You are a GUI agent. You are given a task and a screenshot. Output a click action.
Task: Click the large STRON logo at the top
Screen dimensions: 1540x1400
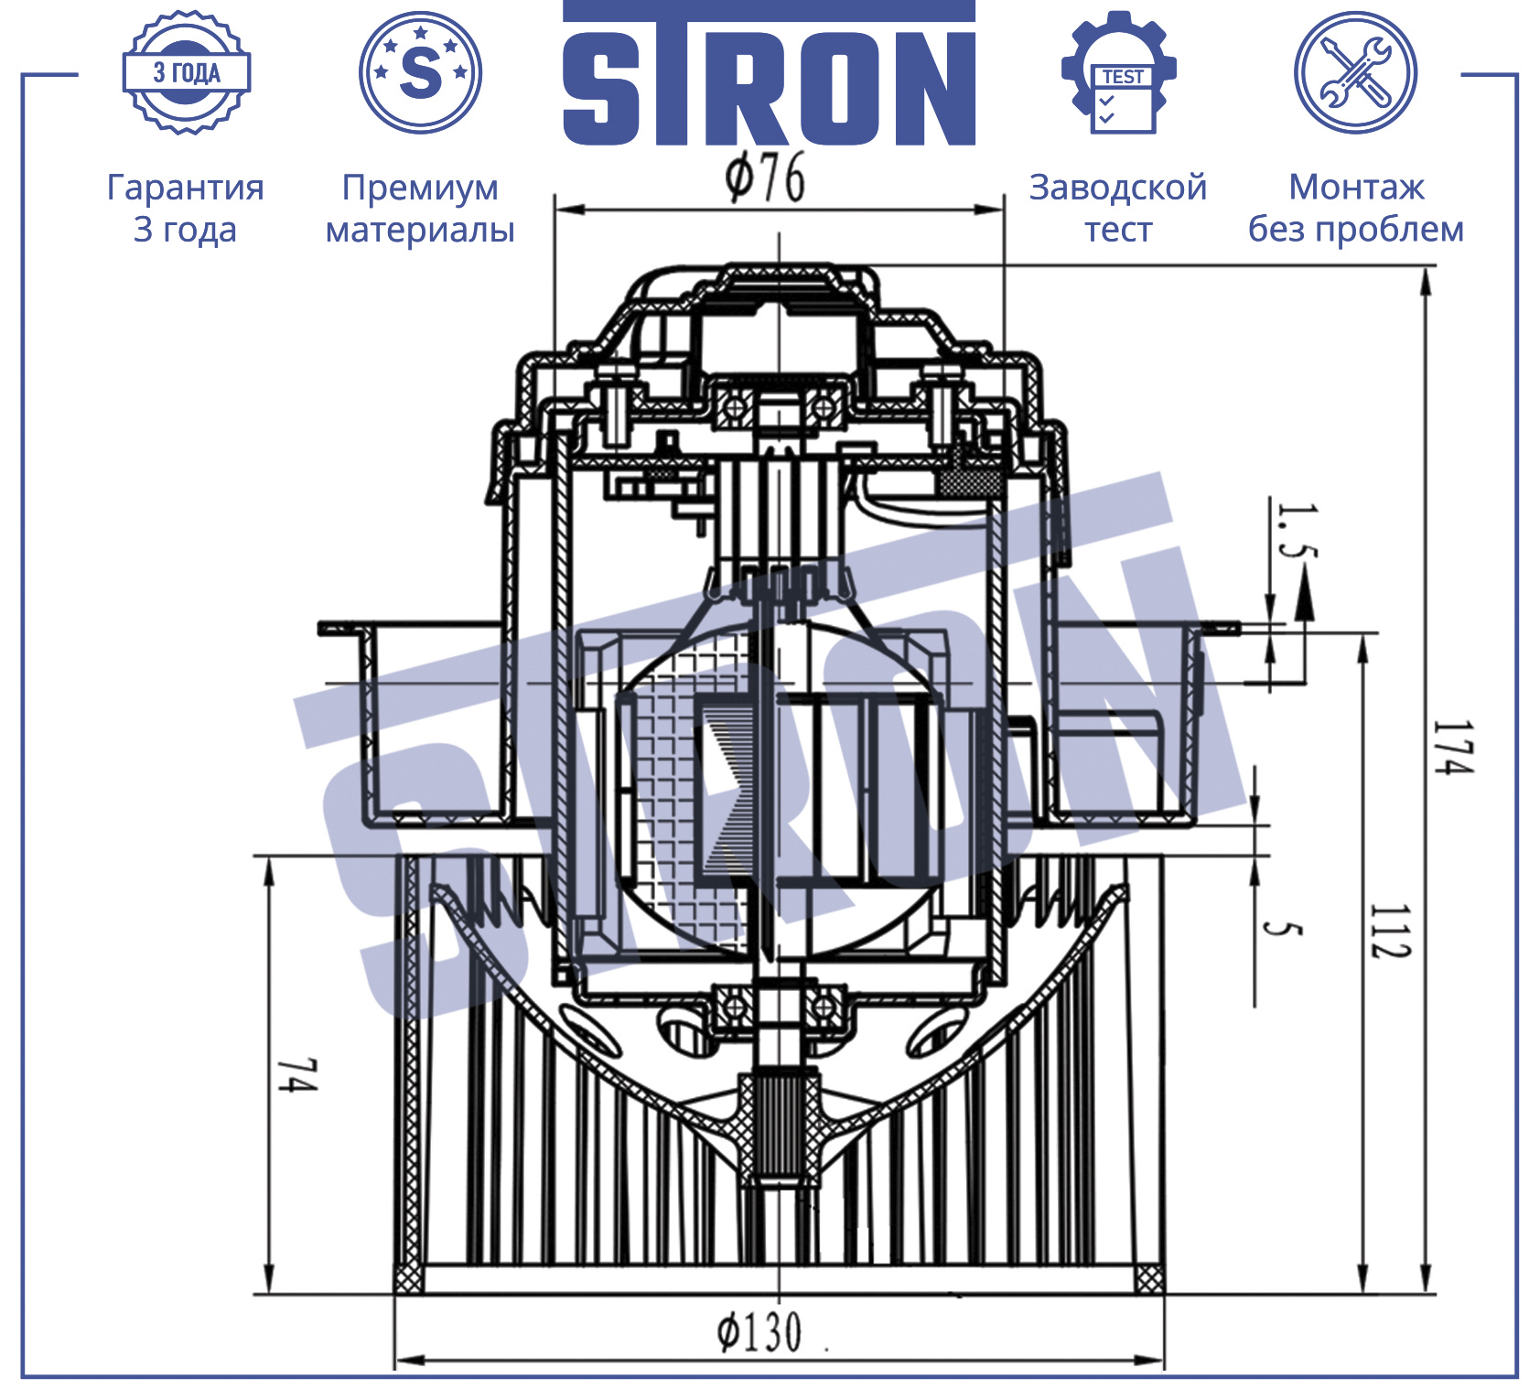pos(769,73)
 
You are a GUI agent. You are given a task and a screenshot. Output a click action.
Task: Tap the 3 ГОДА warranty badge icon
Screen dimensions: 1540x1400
pos(187,73)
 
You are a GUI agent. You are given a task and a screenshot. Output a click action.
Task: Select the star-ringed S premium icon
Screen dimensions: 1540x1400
pos(420,72)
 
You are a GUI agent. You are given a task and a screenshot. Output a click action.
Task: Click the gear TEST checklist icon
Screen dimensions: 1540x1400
pos(1119,72)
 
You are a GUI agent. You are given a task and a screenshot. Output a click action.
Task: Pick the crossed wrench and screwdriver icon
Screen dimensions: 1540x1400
pos(1355,72)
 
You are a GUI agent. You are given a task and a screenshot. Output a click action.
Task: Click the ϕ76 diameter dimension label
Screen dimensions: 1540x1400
pos(765,178)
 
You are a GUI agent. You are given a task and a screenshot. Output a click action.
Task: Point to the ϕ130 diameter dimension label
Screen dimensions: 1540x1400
pos(759,1332)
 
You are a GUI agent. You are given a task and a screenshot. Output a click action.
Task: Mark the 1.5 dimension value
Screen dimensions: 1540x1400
pos(1298,531)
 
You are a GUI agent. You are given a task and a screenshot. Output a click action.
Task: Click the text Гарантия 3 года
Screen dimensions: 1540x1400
pos(186,208)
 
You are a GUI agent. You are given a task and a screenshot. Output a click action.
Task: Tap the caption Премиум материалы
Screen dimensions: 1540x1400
pos(420,208)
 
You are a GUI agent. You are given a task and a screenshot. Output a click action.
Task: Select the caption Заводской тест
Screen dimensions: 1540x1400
pos(1118,208)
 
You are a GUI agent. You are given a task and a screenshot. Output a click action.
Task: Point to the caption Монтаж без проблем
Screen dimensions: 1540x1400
pos(1356,208)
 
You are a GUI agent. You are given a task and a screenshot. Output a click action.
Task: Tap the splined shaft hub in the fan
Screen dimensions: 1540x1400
pos(779,1131)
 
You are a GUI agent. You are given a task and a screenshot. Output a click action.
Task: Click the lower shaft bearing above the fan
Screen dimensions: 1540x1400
pos(780,1006)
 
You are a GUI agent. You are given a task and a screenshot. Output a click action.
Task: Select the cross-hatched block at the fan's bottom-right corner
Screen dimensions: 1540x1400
pos(1149,1278)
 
